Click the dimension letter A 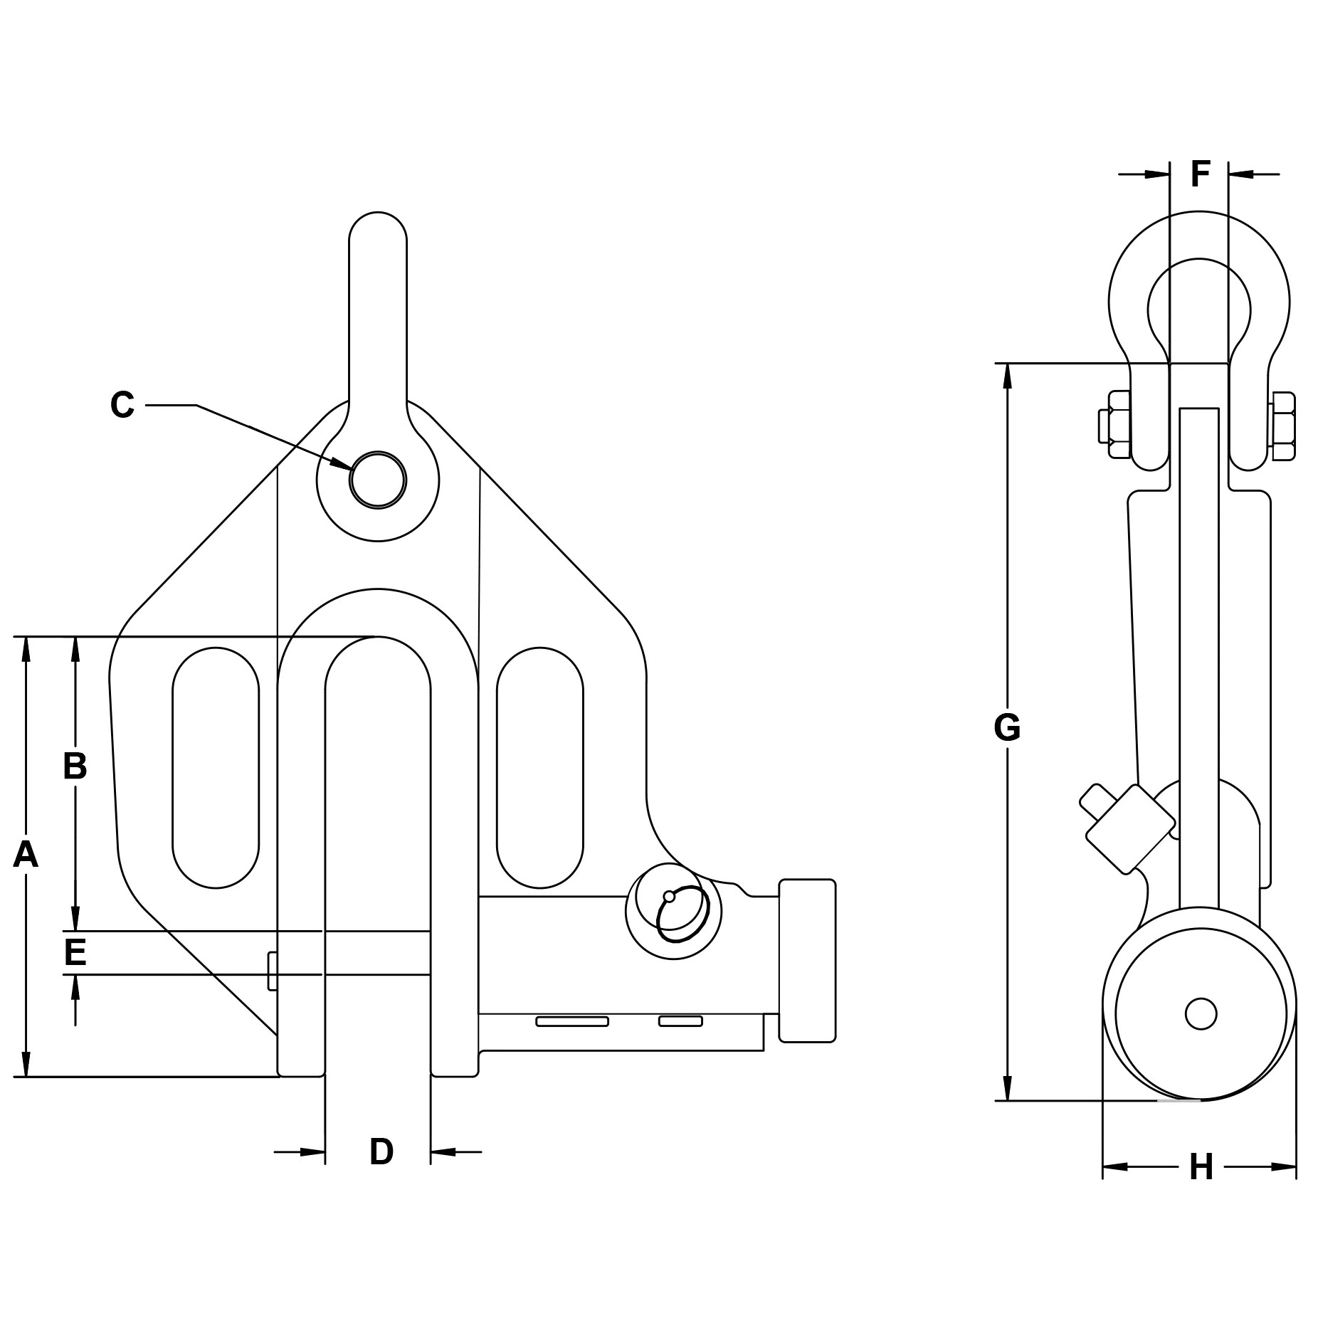pyautogui.click(x=26, y=855)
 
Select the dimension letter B pyautogui.click(x=75, y=766)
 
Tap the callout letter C pyautogui.click(x=122, y=406)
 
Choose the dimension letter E pyautogui.click(x=75, y=952)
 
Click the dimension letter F pyautogui.click(x=1201, y=174)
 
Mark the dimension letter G pyautogui.click(x=1007, y=728)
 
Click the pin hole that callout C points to pyautogui.click(x=378, y=480)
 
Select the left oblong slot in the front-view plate pyautogui.click(x=216, y=767)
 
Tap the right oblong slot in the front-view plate pyautogui.click(x=539, y=767)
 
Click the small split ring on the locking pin pyautogui.click(x=673, y=918)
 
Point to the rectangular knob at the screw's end pyautogui.click(x=807, y=960)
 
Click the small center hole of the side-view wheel pyautogui.click(x=1201, y=1013)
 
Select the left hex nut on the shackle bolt pyautogui.click(x=1114, y=425)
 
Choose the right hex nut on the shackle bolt pyautogui.click(x=1282, y=425)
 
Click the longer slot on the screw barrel pyautogui.click(x=572, y=1022)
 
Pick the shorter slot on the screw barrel pyautogui.click(x=680, y=1021)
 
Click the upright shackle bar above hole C pyautogui.click(x=378, y=313)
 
